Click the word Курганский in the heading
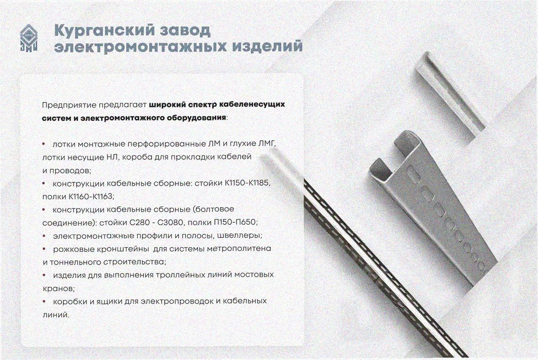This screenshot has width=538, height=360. (103, 31)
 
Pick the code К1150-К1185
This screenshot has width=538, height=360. (247, 183)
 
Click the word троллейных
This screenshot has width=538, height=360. (181, 275)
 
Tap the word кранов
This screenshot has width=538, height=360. (57, 289)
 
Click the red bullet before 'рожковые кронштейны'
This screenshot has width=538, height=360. (44, 249)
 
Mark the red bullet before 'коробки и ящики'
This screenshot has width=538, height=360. (44, 301)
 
